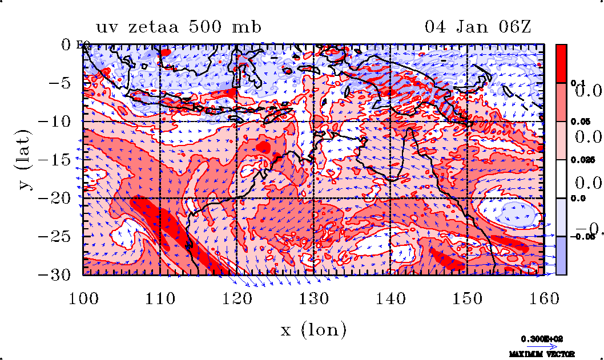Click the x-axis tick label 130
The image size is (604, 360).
(x=314, y=298)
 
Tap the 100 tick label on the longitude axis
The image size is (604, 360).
(x=83, y=298)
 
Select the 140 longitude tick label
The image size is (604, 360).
(x=390, y=298)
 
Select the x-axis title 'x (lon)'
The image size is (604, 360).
(x=313, y=329)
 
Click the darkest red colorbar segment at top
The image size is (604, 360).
(x=562, y=63)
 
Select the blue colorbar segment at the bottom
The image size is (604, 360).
(x=562, y=255)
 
